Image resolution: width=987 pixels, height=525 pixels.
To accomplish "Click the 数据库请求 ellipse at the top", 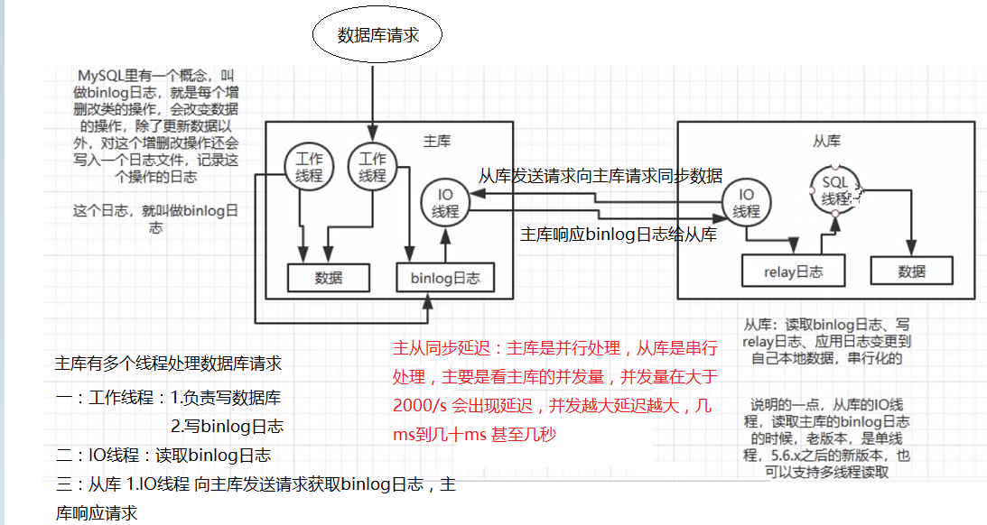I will pos(377,35).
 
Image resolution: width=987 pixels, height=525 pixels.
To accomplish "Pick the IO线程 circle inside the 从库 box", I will pos(747,204).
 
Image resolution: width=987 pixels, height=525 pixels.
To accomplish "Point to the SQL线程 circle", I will pos(836,190).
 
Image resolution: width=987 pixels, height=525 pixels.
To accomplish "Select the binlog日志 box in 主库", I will pos(445,277).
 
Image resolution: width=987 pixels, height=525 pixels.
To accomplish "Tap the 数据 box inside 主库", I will pos(329,277).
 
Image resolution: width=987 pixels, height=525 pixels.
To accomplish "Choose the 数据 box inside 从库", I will pos(912,271).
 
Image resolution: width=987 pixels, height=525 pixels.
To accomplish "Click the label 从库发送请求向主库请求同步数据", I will pos(600,176).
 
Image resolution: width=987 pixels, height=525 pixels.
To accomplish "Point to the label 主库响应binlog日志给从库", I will pos(619,235).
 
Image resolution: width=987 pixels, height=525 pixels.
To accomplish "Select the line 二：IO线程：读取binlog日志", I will pos(163,456).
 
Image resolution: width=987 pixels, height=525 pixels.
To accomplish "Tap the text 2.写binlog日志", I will pos(227,426).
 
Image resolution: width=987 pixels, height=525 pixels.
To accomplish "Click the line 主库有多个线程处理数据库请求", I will pos(168,364).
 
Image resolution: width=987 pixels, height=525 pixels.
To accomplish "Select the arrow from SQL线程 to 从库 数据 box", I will pos(912,221).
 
